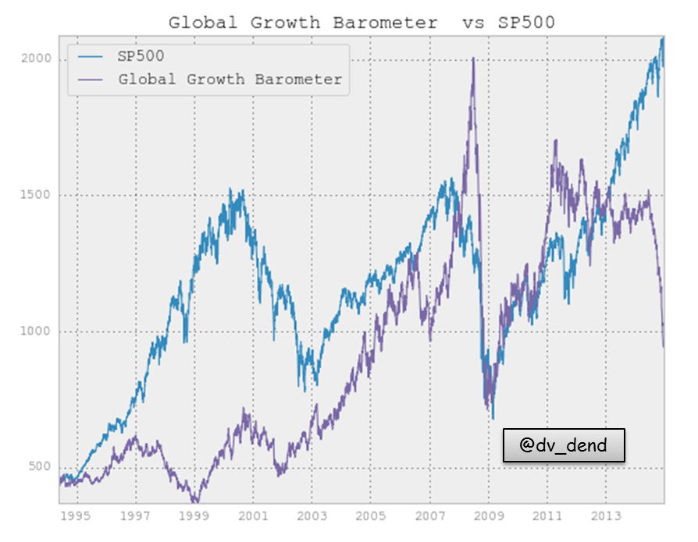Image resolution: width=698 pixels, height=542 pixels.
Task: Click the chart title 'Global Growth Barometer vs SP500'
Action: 361,23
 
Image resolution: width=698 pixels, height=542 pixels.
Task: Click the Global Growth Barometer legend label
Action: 230,80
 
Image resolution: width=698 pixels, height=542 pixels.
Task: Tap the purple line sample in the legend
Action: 92,80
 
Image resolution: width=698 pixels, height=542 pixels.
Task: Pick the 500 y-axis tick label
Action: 39,467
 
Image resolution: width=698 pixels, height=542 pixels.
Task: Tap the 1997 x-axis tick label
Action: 135,515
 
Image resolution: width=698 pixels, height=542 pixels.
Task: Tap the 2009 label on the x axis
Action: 489,515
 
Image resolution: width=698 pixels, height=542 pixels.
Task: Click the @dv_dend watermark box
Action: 563,445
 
